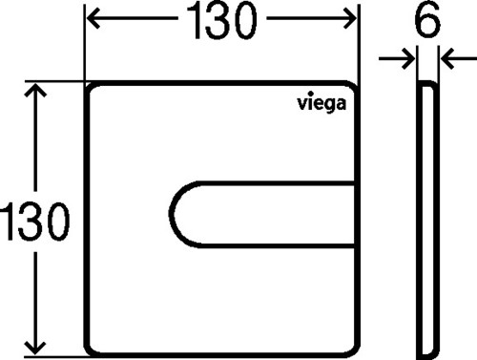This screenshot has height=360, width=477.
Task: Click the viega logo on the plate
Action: [x=321, y=103]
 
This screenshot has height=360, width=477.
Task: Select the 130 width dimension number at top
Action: [x=221, y=20]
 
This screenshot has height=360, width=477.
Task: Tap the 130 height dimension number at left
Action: [x=35, y=222]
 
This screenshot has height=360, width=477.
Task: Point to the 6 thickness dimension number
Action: [x=427, y=19]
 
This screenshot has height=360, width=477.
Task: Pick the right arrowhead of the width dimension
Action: [x=349, y=18]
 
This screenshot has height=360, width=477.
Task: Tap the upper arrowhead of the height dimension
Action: [x=35, y=90]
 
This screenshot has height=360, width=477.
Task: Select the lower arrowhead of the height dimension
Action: [x=35, y=349]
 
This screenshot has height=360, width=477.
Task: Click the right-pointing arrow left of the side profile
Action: [x=397, y=58]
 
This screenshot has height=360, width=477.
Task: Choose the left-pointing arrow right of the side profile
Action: [x=459, y=58]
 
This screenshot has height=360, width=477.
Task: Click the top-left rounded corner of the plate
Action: [x=89, y=87]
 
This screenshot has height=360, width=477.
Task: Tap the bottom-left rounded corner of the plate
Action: [x=90, y=350]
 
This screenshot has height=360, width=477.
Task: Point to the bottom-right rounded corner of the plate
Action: [x=354, y=350]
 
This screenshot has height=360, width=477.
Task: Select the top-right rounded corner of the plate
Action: [x=354, y=87]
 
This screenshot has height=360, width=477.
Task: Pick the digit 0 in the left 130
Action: [x=58, y=222]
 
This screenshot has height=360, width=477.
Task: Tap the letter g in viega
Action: [x=327, y=105]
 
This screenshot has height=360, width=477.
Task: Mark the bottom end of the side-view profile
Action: [x=428, y=355]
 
